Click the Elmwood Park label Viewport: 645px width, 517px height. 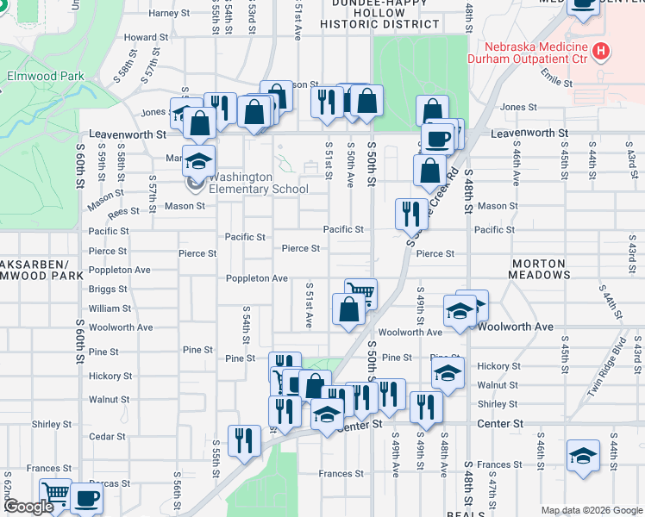pyautogui.click(x=46, y=76)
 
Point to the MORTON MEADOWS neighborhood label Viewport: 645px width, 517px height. pyautogui.click(x=539, y=269)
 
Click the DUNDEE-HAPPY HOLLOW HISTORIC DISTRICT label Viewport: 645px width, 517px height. pyautogui.click(x=379, y=15)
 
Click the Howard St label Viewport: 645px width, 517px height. pyautogui.click(x=146, y=37)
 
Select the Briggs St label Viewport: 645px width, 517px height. pyautogui.click(x=109, y=289)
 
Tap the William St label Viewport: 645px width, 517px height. pyautogui.click(x=110, y=308)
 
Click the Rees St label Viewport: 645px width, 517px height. pyautogui.click(x=123, y=210)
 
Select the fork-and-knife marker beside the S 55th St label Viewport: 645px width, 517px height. pyautogui.click(x=244, y=440)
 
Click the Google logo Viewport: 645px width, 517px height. pyautogui.click(x=28, y=507)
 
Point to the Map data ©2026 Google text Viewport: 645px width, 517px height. pyautogui.click(x=591, y=510)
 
